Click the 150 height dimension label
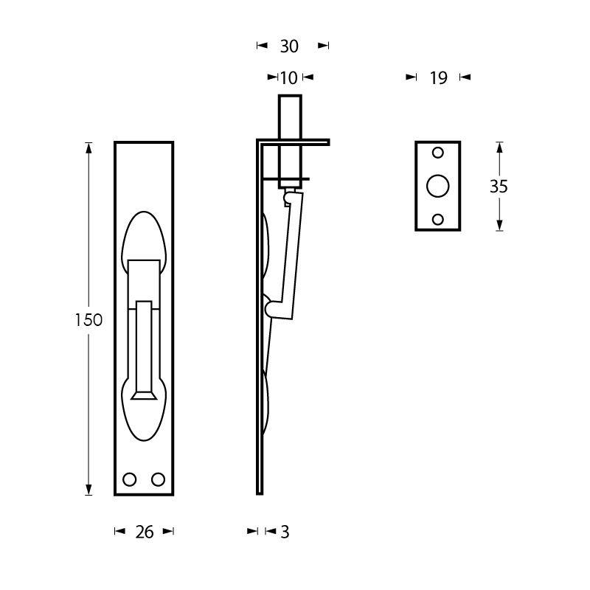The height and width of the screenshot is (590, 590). [x=88, y=320]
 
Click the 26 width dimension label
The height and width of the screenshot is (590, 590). [x=145, y=532]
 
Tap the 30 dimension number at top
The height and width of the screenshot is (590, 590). [x=289, y=46]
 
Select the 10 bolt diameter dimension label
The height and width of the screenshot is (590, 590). [x=289, y=78]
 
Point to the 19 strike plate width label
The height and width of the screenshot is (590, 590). [x=439, y=78]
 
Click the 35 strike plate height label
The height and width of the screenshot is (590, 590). [x=499, y=187]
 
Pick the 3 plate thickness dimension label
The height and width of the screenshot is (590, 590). [x=285, y=532]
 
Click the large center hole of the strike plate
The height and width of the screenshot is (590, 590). [x=438, y=186]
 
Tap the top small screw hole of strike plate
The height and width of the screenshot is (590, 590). [x=438, y=153]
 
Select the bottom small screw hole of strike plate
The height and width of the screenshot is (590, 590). [x=438, y=219]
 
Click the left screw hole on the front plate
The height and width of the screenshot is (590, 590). [x=130, y=479]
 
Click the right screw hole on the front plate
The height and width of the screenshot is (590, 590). [x=158, y=479]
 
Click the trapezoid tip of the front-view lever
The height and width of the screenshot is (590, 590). [x=144, y=395]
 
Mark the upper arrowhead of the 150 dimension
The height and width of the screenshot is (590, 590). [x=88, y=148]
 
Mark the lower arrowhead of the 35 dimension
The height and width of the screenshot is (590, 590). [x=499, y=225]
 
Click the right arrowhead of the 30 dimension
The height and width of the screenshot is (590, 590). [x=323, y=46]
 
